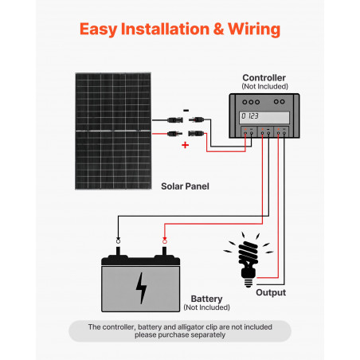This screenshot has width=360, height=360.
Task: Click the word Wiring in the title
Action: [254, 29]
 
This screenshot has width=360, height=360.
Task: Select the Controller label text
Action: [264, 77]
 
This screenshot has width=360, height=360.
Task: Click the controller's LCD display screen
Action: [264, 117]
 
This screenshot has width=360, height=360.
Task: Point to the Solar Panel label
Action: [185, 186]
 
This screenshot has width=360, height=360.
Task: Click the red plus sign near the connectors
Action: [185, 145]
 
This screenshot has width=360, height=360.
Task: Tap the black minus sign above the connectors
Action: [186, 110]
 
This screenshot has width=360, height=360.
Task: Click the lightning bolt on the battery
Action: [141, 288]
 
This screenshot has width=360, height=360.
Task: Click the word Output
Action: [271, 292]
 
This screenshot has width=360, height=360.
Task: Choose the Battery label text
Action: [206, 299]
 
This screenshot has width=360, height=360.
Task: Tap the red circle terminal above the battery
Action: [165, 241]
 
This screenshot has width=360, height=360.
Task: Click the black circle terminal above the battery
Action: [118, 241]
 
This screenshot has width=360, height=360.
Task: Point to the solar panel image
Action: [113, 131]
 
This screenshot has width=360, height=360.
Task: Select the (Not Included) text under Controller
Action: [264, 86]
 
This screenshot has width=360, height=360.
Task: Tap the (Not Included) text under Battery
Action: [206, 307]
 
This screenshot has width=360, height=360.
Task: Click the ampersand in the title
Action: [218, 29]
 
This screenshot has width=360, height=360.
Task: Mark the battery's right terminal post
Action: [164, 251]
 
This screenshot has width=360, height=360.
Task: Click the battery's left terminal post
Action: [118, 251]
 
